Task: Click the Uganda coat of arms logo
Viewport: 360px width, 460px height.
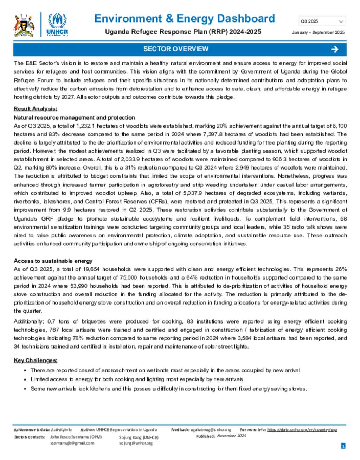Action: point(24,25)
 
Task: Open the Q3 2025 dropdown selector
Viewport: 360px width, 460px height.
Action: point(322,21)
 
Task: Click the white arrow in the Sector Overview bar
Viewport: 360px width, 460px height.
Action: point(335,49)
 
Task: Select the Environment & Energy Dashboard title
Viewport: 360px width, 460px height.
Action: point(185,18)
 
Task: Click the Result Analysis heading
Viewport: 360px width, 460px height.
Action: point(36,109)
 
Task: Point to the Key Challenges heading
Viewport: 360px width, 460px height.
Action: point(36,360)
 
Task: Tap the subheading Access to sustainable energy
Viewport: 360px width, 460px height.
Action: point(53,261)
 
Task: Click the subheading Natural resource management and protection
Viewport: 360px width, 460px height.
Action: point(74,117)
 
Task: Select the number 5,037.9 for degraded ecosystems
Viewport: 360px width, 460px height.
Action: point(193,193)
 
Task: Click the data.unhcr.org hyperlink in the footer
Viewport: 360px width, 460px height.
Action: point(302,430)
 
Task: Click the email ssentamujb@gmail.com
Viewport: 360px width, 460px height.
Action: point(72,443)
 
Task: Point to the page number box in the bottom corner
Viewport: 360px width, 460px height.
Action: point(343,446)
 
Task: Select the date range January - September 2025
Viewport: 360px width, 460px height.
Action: point(318,32)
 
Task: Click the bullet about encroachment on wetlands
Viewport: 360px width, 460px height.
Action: point(166,370)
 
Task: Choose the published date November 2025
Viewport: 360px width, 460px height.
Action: point(231,436)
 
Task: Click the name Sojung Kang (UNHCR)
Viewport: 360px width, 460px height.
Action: point(139,437)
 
